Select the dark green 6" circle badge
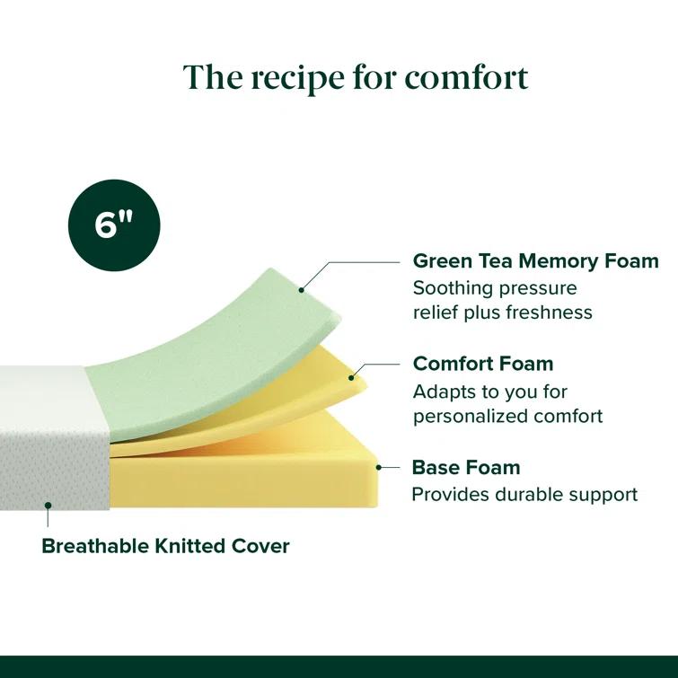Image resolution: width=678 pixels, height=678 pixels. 114,225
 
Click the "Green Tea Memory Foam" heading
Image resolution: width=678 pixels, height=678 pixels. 535,261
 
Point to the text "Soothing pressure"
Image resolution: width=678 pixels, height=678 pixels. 495,288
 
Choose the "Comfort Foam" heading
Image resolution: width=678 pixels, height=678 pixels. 483,364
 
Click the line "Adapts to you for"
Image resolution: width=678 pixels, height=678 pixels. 489,392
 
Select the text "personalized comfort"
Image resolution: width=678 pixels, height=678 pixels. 507,416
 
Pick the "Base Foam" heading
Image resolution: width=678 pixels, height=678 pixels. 465,467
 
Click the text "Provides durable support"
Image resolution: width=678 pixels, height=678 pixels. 524,494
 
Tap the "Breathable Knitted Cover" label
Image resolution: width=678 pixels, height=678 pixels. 166,546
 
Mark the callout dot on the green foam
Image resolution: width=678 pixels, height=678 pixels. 302,290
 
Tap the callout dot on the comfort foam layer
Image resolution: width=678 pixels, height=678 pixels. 352,377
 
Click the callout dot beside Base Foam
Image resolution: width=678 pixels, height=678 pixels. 381,467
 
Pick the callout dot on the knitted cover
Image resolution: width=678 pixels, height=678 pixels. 48,506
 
